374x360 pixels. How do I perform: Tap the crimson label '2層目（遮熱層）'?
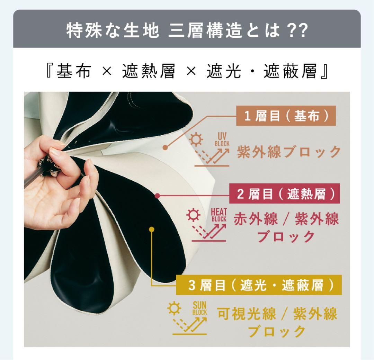tap(284, 195)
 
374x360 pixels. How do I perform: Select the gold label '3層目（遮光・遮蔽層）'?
tap(259, 285)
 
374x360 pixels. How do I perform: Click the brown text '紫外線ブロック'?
tap(289, 152)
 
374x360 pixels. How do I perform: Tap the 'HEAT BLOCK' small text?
tap(219, 215)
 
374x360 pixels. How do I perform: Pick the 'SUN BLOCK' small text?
tap(199, 308)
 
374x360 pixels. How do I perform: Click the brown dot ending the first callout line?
tap(165, 147)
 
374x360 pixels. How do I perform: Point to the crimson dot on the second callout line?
tap(158, 196)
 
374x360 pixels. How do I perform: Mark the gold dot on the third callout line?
tap(151, 229)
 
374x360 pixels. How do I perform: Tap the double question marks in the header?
tap(295, 31)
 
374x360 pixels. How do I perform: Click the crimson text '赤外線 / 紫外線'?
tap(286, 219)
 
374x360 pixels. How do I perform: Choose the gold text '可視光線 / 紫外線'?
tap(277, 314)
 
